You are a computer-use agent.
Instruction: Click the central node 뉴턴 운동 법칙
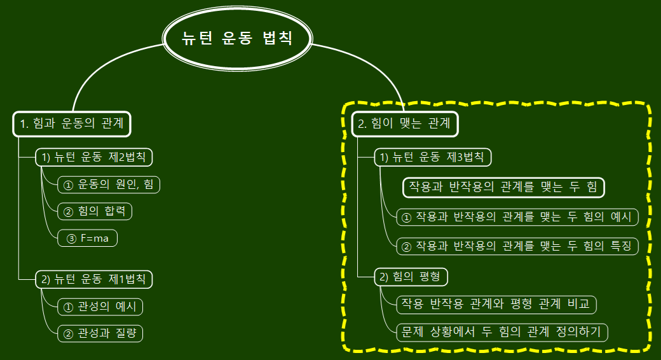click(237, 39)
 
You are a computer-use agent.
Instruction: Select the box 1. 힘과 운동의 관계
click(72, 124)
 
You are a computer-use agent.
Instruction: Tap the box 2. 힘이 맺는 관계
click(405, 124)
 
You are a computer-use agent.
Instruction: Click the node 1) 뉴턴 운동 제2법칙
click(94, 157)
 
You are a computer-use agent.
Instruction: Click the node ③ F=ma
click(88, 238)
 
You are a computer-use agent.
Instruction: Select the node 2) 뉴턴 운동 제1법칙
click(94, 279)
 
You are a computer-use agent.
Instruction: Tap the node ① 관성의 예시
click(100, 307)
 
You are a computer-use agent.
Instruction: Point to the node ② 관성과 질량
click(100, 333)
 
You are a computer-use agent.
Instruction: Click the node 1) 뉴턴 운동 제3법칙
click(433, 157)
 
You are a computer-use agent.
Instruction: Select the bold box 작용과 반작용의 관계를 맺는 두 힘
click(503, 187)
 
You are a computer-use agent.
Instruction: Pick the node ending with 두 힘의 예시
click(517, 218)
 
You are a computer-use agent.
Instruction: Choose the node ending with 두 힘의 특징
click(517, 246)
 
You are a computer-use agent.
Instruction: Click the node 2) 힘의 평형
click(411, 277)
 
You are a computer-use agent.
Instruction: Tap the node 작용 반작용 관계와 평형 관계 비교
click(496, 304)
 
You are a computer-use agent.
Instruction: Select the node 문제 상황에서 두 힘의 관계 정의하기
click(501, 332)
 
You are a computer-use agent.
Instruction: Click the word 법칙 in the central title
click(278, 39)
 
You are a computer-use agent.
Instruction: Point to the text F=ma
click(94, 238)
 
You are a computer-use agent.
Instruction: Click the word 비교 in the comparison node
click(579, 304)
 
